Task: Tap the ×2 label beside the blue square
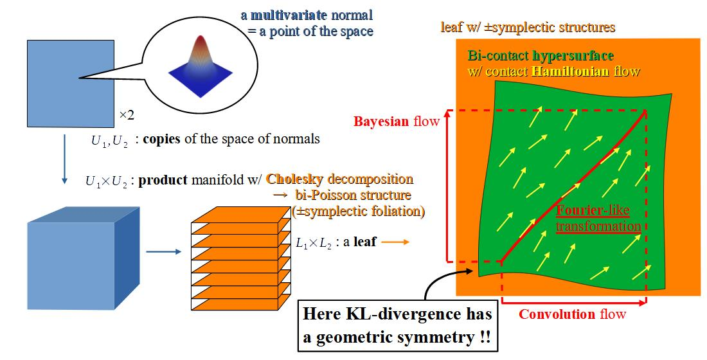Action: click(x=126, y=116)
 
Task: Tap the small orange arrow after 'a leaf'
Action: click(x=396, y=242)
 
